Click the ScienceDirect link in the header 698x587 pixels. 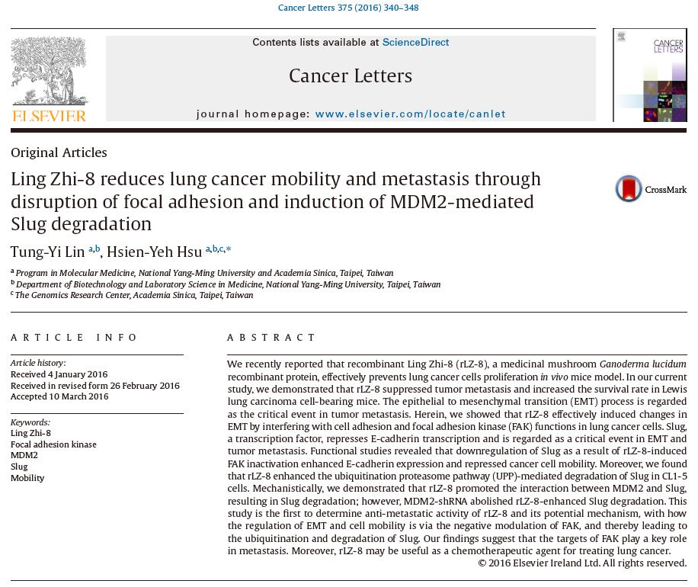(415, 43)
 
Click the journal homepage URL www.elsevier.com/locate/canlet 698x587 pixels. (410, 114)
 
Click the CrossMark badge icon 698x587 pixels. (629, 189)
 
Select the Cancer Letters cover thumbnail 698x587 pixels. (650, 75)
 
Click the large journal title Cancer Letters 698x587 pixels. (351, 76)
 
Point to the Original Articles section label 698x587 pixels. (59, 153)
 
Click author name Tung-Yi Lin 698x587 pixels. (47, 252)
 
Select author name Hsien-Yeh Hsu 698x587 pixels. (154, 252)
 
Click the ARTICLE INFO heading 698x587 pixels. (75, 338)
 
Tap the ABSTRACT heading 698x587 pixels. (271, 338)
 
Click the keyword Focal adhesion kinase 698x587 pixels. (53, 444)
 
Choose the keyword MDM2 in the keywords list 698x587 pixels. (24, 455)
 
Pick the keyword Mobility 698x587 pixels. (27, 478)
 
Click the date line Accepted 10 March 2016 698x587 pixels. (59, 396)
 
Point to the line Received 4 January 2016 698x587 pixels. (59, 374)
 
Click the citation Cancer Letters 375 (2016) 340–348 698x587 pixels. (348, 8)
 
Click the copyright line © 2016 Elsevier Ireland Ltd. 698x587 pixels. (582, 563)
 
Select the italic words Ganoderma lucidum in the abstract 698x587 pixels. (642, 364)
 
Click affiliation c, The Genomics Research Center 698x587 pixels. (134, 296)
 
